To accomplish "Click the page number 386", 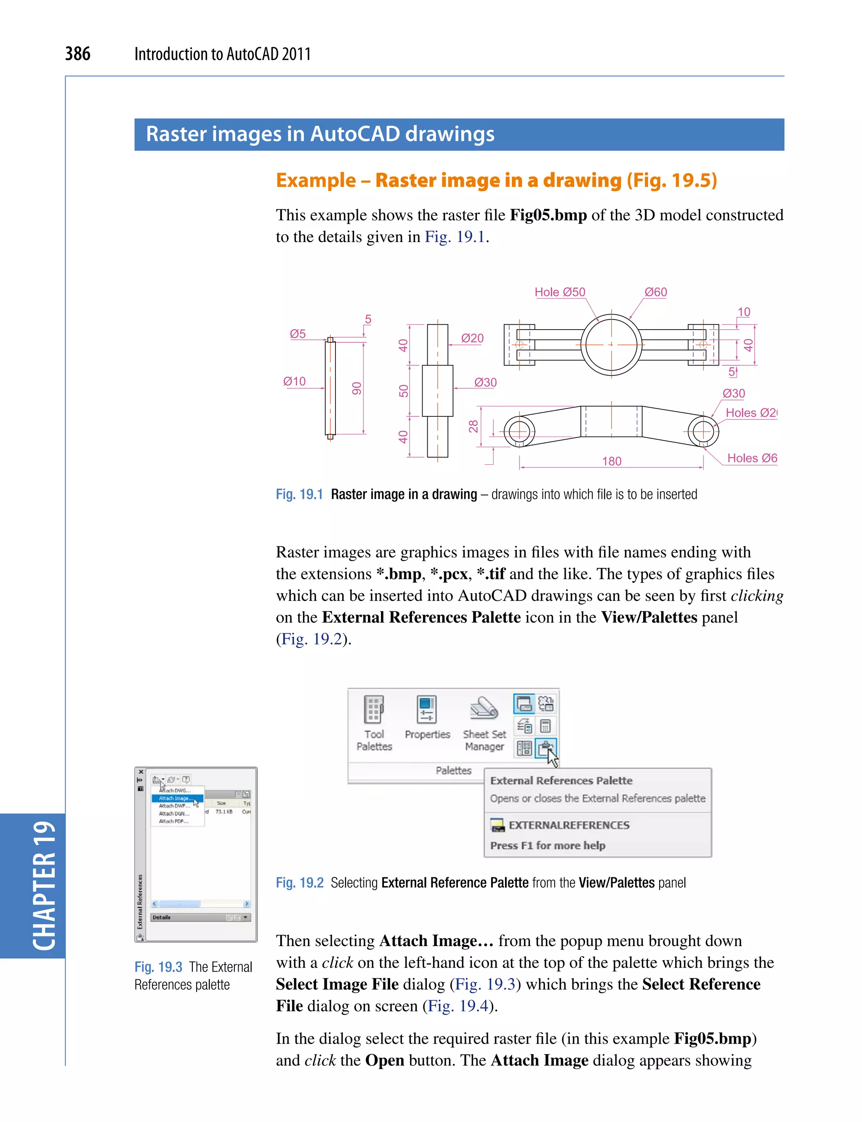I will click(77, 53).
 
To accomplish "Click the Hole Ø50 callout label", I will click(559, 292).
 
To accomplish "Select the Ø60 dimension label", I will click(655, 292).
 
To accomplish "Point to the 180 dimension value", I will click(611, 461).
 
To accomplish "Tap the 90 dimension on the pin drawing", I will click(357, 388).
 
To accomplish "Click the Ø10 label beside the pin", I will click(294, 381).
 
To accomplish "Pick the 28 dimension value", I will click(473, 426).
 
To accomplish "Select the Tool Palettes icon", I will click(373, 709).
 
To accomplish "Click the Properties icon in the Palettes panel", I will click(426, 709).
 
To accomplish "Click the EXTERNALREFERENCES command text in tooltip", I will click(569, 825).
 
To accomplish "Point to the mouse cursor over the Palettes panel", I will click(552, 757).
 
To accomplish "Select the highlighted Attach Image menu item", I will click(176, 798).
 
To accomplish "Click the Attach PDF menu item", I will click(173, 821).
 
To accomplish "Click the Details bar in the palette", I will click(200, 917).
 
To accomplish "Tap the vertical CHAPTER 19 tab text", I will click(44, 885).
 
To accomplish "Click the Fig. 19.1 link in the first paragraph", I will click(455, 237).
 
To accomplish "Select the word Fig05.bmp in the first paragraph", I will click(548, 215).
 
